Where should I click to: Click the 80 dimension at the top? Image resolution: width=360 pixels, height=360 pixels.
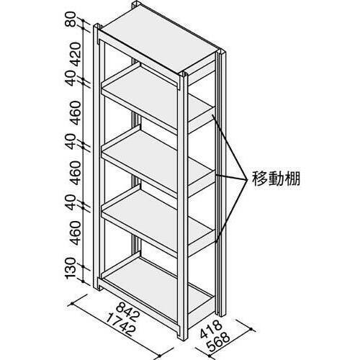(71, 19)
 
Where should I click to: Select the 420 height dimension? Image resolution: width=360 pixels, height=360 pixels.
(76, 54)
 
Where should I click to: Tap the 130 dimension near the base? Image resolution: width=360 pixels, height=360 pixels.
(71, 269)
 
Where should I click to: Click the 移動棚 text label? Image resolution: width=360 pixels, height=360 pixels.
(276, 179)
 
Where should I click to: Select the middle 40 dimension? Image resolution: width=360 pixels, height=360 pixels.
(71, 142)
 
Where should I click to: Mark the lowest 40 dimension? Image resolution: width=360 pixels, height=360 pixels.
(71, 202)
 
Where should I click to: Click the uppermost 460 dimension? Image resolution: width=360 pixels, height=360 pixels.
(76, 113)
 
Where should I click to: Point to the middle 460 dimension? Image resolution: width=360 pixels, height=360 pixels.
(76, 173)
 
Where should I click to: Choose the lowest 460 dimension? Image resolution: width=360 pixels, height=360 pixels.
(76, 233)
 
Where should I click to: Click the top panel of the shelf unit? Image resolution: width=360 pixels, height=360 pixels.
(158, 41)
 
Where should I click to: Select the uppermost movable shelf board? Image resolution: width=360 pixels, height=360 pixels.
(156, 96)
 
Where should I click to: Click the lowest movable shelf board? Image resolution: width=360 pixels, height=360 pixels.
(156, 217)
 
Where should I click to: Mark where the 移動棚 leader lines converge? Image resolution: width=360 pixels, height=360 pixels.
(247, 179)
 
